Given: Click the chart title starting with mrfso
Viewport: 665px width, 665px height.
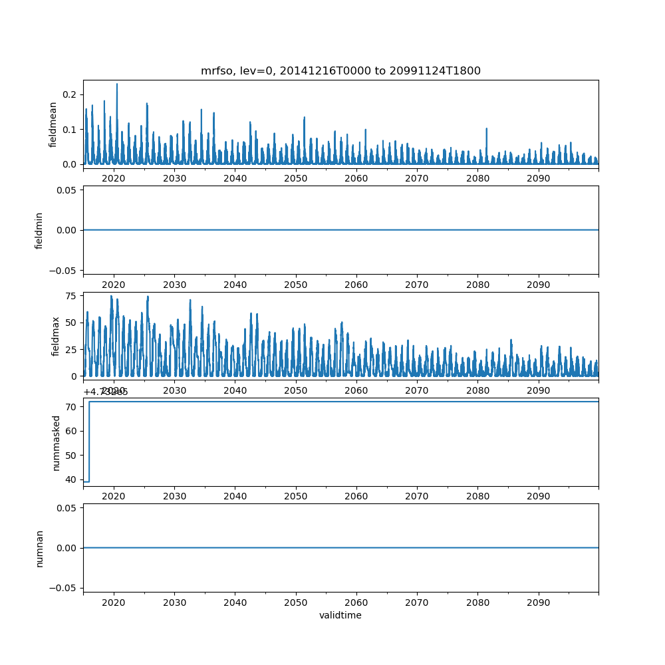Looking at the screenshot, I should tap(340, 70).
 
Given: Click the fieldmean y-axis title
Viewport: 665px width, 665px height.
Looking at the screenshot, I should tap(53, 124).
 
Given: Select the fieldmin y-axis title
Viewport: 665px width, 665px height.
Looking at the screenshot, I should tap(39, 230).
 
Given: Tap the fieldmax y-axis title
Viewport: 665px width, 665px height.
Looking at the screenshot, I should tap(56, 336).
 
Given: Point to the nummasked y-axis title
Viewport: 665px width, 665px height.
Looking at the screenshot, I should tap(57, 442).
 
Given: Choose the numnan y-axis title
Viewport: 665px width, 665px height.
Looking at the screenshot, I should tap(39, 548).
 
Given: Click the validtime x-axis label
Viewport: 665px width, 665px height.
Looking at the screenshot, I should tap(340, 615).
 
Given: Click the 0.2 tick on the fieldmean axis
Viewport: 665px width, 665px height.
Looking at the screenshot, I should tap(69, 94).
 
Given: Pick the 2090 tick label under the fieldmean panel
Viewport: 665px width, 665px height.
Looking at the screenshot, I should tap(538, 179).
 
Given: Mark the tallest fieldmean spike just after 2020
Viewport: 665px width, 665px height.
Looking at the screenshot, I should tap(117, 84).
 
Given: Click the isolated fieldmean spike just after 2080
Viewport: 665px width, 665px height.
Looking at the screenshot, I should tap(486, 129).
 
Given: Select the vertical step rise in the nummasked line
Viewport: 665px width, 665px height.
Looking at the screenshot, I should tap(89, 442).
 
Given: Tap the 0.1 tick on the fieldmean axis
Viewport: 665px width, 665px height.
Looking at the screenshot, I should tap(69, 129).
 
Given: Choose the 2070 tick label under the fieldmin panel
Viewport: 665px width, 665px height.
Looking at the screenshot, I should tap(417, 285).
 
